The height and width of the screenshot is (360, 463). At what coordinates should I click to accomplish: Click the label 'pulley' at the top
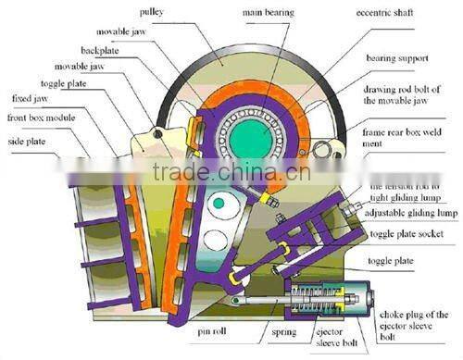[152, 11]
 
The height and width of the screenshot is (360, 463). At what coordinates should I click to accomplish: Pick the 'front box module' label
[41, 118]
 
